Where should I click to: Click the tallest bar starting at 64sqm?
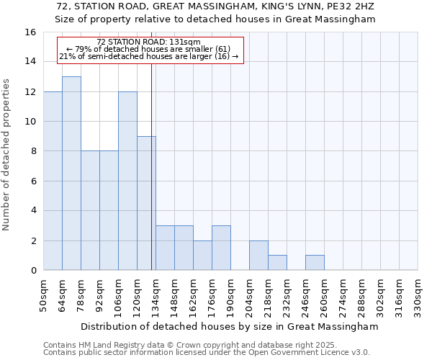click(x=71, y=173)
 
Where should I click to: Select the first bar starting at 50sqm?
click(x=53, y=180)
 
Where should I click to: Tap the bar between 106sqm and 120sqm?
click(x=127, y=180)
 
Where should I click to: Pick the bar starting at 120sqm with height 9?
click(x=146, y=203)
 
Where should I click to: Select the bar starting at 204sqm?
click(x=258, y=256)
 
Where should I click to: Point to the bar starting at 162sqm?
click(x=202, y=256)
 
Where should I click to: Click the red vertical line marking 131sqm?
click(x=151, y=166)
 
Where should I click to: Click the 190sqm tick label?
click(x=230, y=296)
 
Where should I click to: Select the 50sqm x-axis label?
click(x=43, y=296)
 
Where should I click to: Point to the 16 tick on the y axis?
click(x=30, y=32)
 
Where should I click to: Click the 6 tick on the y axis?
click(x=33, y=181)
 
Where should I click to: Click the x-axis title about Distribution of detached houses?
click(x=230, y=326)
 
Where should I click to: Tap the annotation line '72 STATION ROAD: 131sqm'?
click(x=148, y=42)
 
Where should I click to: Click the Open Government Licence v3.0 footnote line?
click(x=207, y=353)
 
